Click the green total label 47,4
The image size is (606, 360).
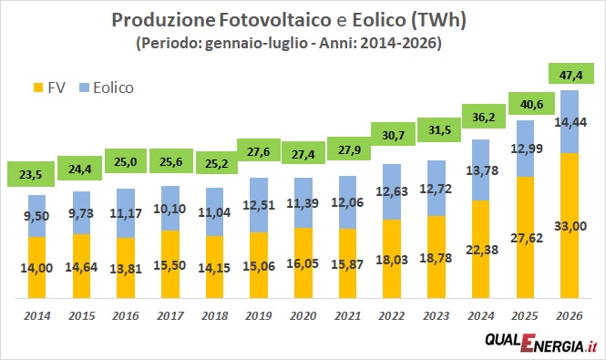(x=570, y=74)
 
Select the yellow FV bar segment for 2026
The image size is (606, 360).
(x=570, y=226)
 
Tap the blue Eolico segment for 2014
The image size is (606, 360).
(x=36, y=216)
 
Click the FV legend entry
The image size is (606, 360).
(x=49, y=87)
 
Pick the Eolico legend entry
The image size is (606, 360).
(x=107, y=87)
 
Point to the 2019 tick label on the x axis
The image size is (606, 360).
(x=259, y=316)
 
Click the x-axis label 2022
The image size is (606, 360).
(x=392, y=316)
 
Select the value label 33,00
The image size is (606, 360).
(x=570, y=226)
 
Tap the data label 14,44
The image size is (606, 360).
(x=570, y=122)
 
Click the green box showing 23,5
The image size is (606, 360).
(x=31, y=174)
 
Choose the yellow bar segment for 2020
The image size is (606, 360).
(x=303, y=263)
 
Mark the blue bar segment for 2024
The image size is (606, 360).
(x=480, y=170)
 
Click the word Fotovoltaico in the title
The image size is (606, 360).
(x=275, y=20)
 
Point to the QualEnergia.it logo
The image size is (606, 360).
(x=541, y=342)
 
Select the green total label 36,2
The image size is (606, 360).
(x=484, y=117)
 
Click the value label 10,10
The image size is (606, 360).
(x=169, y=209)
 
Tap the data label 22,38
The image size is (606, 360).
(x=482, y=250)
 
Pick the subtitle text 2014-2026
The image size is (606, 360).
(x=400, y=43)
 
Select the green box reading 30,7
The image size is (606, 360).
(x=393, y=134)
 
